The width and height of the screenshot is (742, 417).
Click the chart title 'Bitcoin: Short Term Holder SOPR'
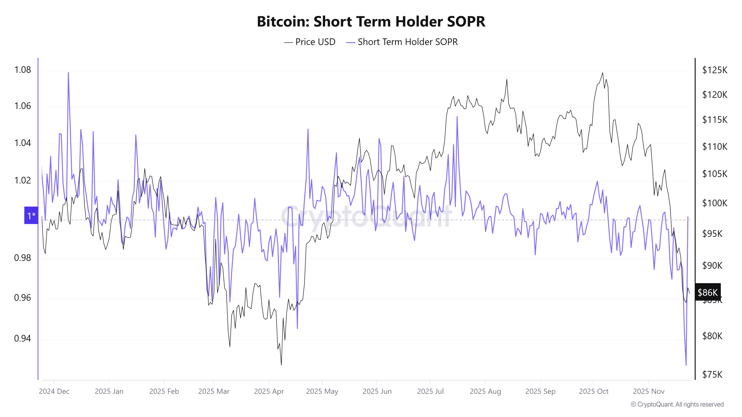point(371,21)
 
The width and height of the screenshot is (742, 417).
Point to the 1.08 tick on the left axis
point(23,70)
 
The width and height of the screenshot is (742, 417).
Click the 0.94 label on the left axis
point(23,338)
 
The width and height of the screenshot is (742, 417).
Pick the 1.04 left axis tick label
point(23,143)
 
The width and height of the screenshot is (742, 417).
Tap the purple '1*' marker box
point(31,215)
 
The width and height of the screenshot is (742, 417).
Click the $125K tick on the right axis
point(714,70)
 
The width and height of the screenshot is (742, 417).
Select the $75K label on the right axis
point(712,375)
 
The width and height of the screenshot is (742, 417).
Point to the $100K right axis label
point(714,203)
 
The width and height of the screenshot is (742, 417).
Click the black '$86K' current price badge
point(708,292)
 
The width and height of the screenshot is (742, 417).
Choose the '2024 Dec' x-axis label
point(54,391)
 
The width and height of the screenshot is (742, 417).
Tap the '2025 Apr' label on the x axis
point(269,391)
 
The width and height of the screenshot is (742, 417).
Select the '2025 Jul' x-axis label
point(430,391)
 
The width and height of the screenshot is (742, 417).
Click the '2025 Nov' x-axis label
point(648,391)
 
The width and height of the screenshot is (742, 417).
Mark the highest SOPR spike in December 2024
point(68,73)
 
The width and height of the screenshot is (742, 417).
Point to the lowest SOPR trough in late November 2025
point(686,365)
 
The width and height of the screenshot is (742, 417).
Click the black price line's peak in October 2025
point(603,73)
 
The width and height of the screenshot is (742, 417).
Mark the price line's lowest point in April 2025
point(281,365)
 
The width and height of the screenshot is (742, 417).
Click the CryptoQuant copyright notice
point(677,404)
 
